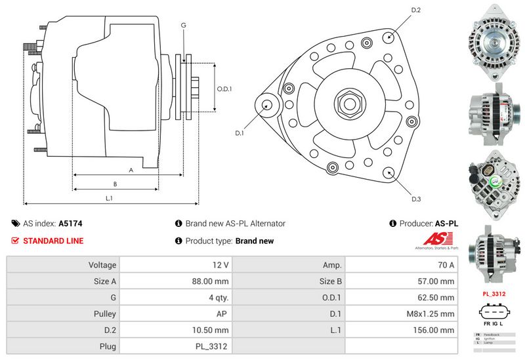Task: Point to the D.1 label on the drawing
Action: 240,133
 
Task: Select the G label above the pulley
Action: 184,25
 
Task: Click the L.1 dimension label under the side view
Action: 110,197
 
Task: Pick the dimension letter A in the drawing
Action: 131,170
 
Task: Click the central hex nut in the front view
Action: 346,103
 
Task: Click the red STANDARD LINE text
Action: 53,241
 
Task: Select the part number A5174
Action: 70,224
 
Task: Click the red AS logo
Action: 436,239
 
